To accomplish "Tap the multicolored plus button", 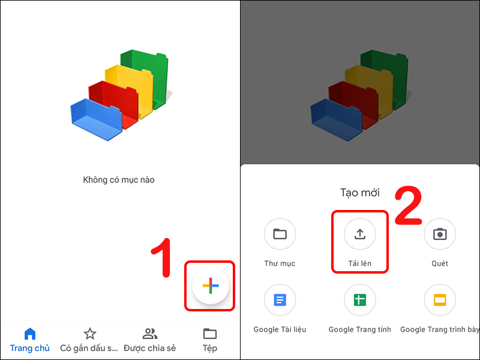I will (x=211, y=286).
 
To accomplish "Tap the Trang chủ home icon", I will (x=29, y=334).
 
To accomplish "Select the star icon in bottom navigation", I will (x=89, y=334).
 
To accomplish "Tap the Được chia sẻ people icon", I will (x=149, y=334).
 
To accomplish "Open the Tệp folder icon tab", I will (x=209, y=334).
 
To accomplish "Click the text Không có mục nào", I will (x=119, y=179).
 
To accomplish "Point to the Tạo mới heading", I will (x=359, y=193).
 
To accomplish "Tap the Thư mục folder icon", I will (x=280, y=234).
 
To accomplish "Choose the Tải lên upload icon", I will (x=359, y=234).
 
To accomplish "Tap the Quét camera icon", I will (x=440, y=234).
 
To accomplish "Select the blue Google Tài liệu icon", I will (x=280, y=300).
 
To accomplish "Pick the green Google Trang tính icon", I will (x=359, y=300).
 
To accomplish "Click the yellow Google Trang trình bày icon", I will (x=440, y=300).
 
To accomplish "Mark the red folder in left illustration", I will (x=114, y=99).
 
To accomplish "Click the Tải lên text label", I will (x=359, y=263).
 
